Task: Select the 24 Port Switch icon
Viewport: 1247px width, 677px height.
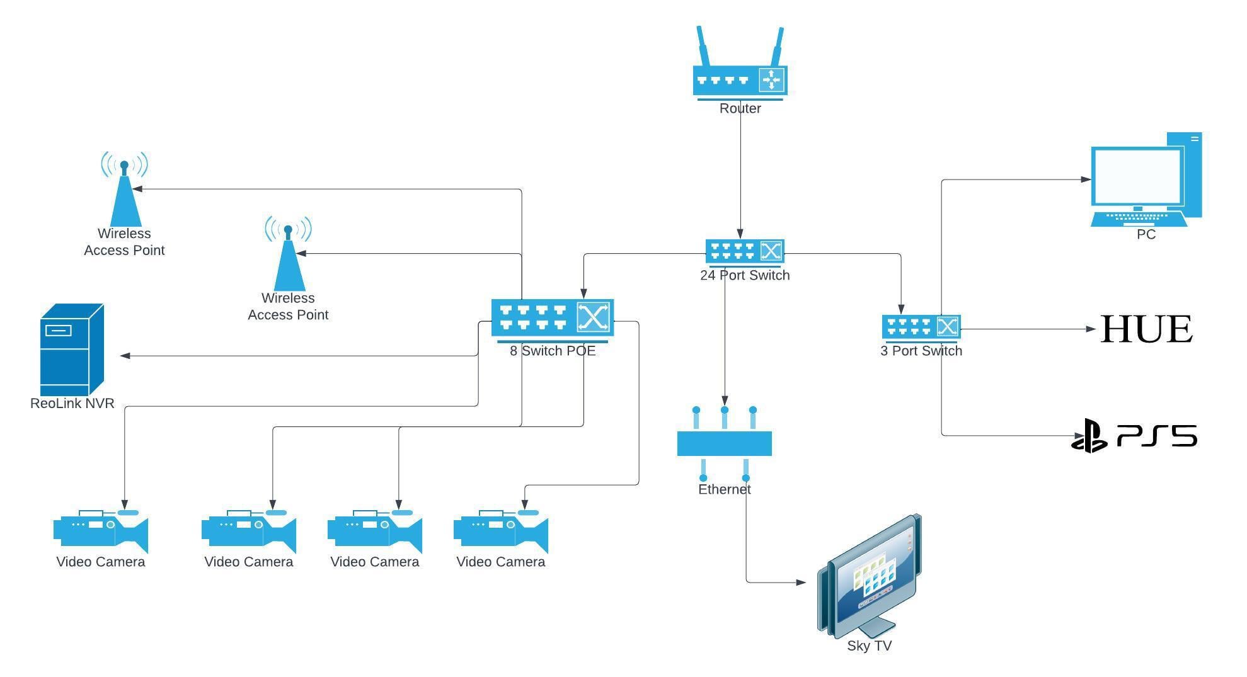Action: (745, 253)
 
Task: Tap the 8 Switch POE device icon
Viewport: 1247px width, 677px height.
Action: (553, 320)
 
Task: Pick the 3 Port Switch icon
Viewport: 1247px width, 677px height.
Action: (921, 327)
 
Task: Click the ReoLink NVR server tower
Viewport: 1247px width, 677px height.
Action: (72, 350)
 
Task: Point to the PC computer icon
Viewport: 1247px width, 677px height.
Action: (1146, 179)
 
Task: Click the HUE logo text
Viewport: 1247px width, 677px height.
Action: (1146, 329)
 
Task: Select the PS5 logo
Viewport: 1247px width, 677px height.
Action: (1134, 436)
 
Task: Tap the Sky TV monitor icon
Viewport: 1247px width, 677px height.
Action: (870, 576)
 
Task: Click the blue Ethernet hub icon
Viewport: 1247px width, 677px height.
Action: (725, 443)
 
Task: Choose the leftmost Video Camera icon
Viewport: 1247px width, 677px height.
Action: (101, 530)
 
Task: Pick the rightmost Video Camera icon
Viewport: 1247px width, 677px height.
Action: (501, 530)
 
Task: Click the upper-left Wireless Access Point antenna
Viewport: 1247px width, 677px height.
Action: (124, 189)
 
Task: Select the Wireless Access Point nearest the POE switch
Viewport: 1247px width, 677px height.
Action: (288, 253)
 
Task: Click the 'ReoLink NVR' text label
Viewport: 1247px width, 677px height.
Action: (72, 404)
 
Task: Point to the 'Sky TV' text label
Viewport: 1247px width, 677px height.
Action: (870, 646)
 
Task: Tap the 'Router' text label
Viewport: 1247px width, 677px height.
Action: (740, 108)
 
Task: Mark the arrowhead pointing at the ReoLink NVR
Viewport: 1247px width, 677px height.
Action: (125, 356)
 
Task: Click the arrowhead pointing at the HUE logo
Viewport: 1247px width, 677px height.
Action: (1091, 329)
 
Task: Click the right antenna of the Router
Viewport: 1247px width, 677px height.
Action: (778, 47)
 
